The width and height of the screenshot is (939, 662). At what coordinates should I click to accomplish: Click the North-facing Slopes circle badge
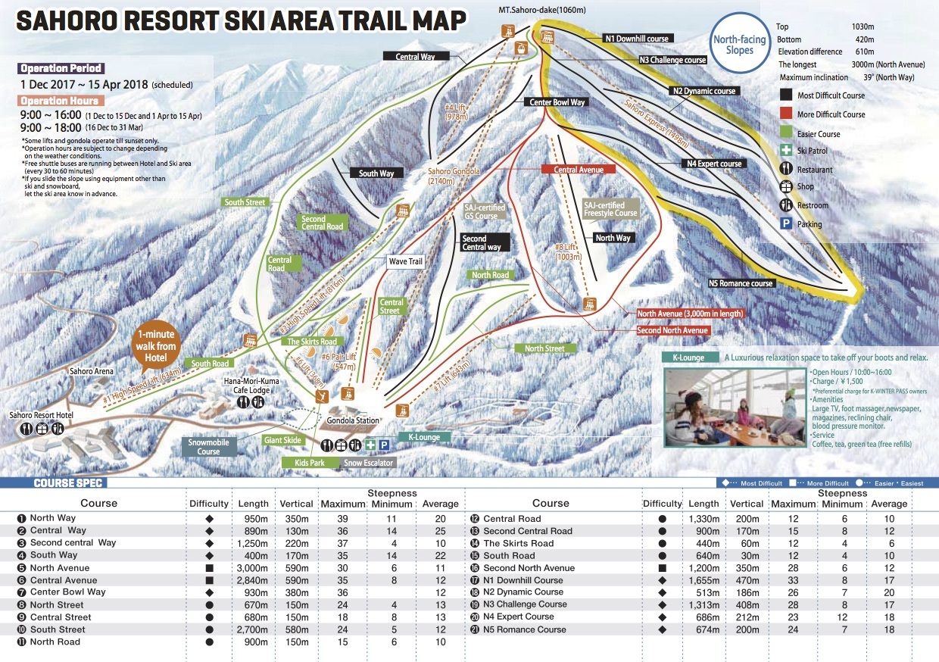point(738,45)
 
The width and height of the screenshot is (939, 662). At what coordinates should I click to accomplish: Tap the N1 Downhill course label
point(636,38)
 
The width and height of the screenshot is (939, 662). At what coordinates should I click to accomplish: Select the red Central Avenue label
point(579,170)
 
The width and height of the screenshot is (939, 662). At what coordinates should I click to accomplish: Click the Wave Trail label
point(406,261)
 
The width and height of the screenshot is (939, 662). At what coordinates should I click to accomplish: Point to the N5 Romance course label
point(741,283)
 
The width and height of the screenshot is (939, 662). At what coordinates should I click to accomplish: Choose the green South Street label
point(245,202)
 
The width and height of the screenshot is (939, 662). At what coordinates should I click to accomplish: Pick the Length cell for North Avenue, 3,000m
point(251,568)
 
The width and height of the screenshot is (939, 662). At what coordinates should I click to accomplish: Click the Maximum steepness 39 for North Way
point(342,519)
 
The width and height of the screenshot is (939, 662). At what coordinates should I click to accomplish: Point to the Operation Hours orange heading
point(60,101)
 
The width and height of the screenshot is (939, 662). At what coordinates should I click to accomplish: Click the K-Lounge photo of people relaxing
point(734,408)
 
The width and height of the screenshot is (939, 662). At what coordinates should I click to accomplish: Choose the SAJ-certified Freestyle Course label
point(610,209)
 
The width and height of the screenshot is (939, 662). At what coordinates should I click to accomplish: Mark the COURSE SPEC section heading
point(70,483)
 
